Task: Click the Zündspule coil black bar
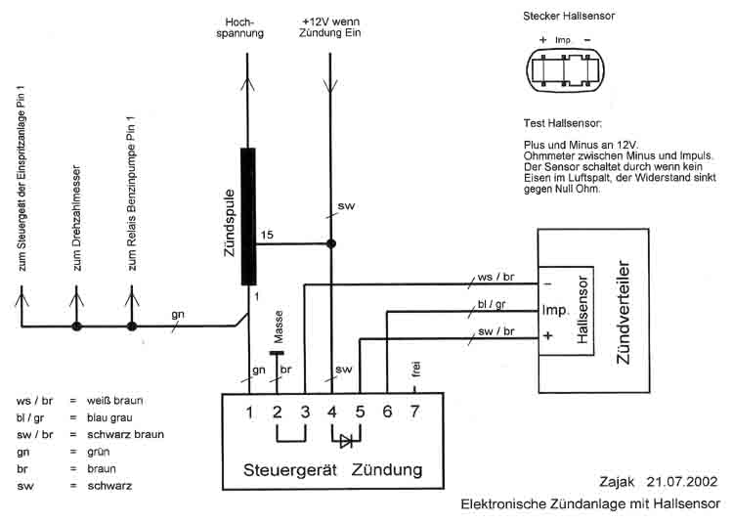pyautogui.click(x=248, y=216)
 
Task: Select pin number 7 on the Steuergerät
pyautogui.click(x=414, y=412)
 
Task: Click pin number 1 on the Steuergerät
pyautogui.click(x=250, y=412)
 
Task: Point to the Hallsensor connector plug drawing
pyautogui.click(x=565, y=71)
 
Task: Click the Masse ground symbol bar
pyautogui.click(x=277, y=353)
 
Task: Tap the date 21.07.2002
pyautogui.click(x=681, y=482)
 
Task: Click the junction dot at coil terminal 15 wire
pyautogui.click(x=330, y=243)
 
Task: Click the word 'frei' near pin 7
pyautogui.click(x=415, y=370)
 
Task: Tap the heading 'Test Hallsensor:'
pyautogui.click(x=563, y=124)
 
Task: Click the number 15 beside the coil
pyautogui.click(x=267, y=236)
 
